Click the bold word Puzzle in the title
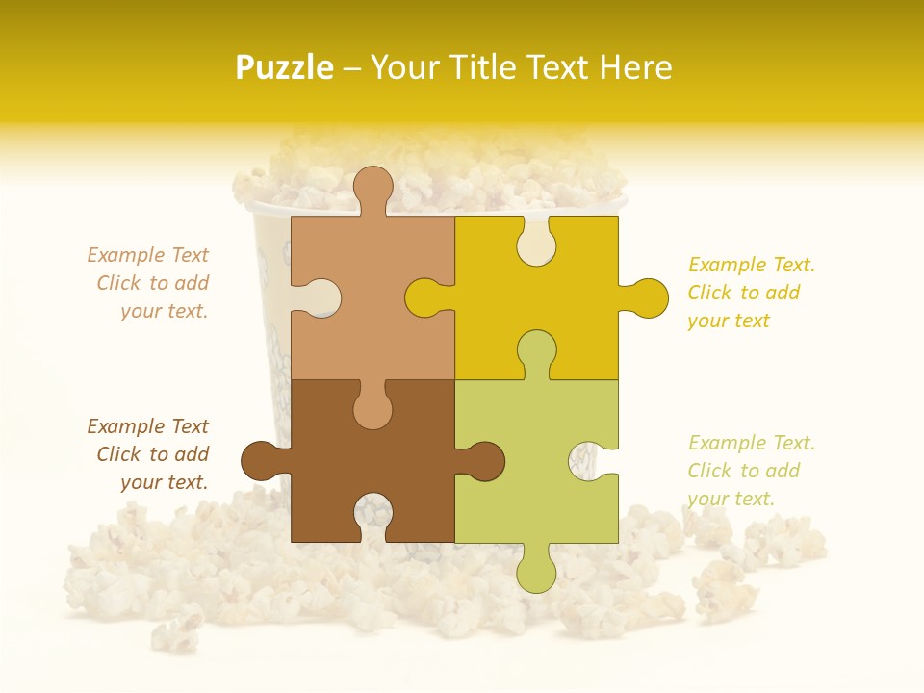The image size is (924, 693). click(285, 67)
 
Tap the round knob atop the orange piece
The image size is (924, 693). click(372, 188)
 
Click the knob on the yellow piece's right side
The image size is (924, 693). click(647, 297)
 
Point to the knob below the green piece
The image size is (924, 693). click(536, 570)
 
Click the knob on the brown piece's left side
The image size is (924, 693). click(263, 461)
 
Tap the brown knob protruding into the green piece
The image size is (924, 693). click(482, 461)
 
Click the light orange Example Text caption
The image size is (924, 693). click(149, 283)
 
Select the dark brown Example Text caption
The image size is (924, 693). click(149, 454)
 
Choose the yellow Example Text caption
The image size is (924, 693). click(751, 293)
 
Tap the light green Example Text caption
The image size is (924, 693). click(751, 471)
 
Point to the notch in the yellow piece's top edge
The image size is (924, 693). click(536, 241)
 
